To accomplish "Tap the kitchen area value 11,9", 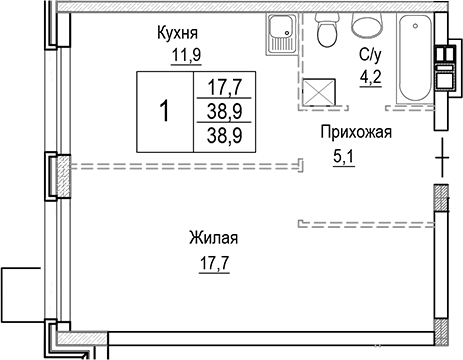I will (180, 55).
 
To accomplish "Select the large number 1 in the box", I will (163, 110).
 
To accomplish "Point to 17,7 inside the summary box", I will (222, 86).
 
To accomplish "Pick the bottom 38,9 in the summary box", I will (222, 132).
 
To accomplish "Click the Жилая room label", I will (213, 238).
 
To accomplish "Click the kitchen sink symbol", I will (280, 34).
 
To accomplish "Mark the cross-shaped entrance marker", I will (441, 156).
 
